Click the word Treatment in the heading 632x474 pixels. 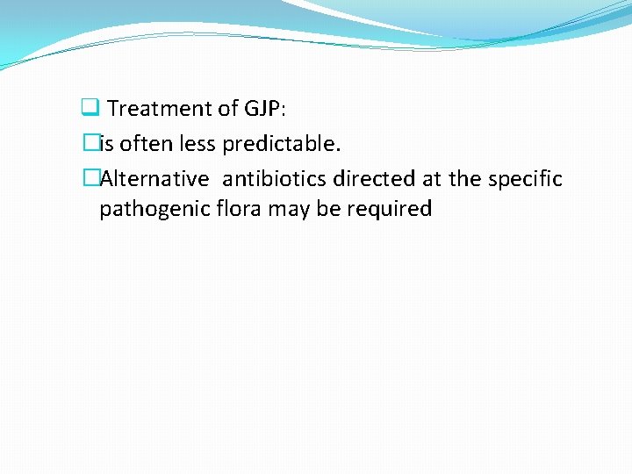click(x=160, y=109)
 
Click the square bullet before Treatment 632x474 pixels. click(x=88, y=109)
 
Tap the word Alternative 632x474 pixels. click(x=155, y=180)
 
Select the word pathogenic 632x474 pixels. click(x=148, y=209)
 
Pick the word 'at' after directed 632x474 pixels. click(x=430, y=180)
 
